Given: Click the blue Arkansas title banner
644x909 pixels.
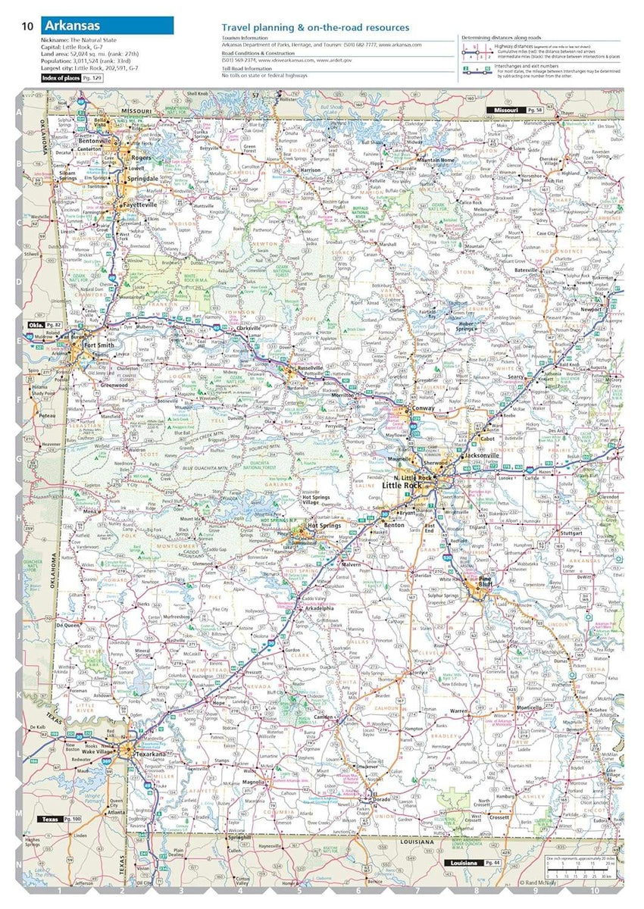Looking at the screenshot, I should pos(106,26).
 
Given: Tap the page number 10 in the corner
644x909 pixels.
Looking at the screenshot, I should pos(27,27).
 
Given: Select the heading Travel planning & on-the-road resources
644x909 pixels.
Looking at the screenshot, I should pos(315,27).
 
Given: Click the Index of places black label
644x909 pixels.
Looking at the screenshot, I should pos(61,78).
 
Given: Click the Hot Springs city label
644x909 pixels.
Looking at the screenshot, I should pos(324,524).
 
